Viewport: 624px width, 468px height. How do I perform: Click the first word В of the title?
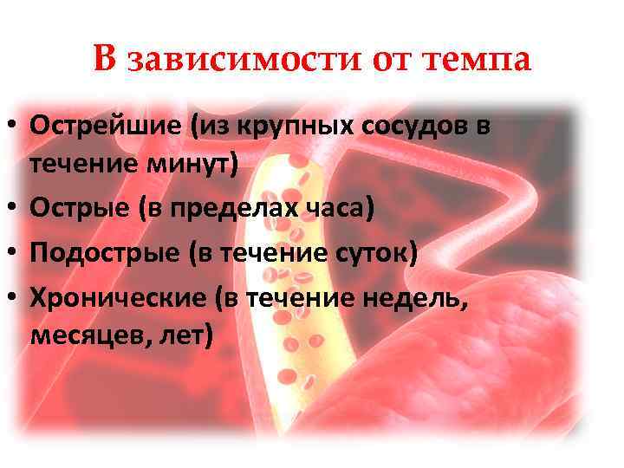[105, 60]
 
